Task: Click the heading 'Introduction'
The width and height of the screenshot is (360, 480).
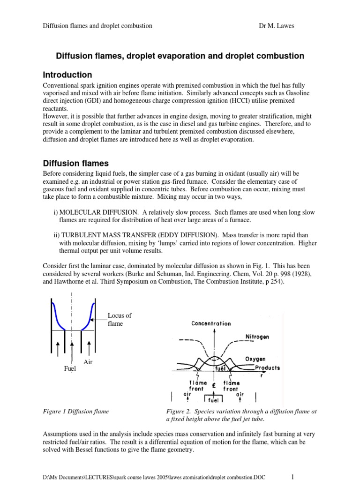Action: [67, 75]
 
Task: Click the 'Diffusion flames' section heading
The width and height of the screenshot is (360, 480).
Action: [75, 164]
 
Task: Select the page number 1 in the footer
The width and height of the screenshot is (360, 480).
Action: [292, 477]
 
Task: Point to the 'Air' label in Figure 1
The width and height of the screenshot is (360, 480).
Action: [89, 362]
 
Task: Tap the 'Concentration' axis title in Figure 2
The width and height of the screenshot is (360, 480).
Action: [210, 323]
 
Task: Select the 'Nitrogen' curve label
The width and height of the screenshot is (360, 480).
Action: [257, 337]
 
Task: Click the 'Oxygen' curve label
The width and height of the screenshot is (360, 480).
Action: [255, 359]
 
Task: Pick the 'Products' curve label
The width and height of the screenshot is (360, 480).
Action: [267, 367]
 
